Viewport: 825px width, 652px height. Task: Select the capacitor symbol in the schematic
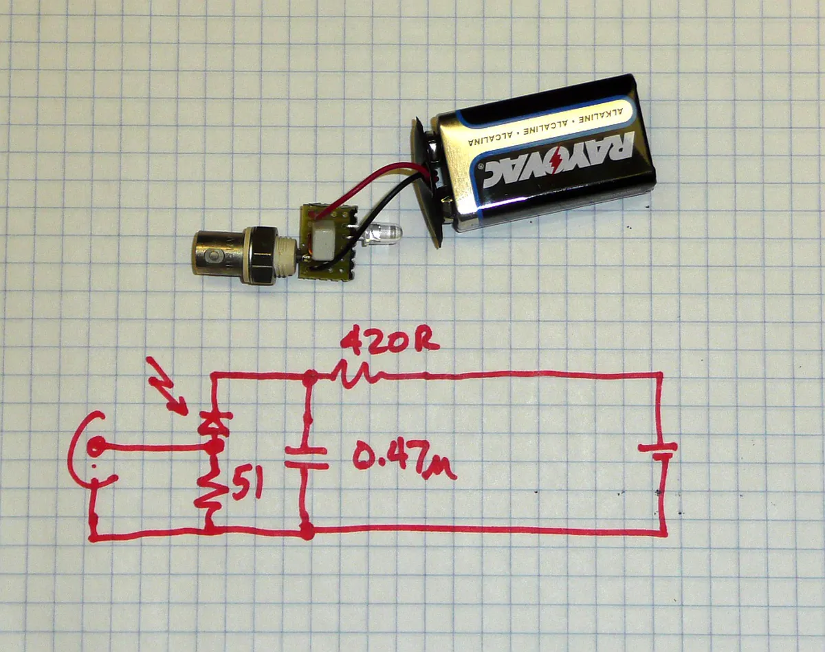pos(307,458)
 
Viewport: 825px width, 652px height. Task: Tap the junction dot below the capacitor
pos(307,530)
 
